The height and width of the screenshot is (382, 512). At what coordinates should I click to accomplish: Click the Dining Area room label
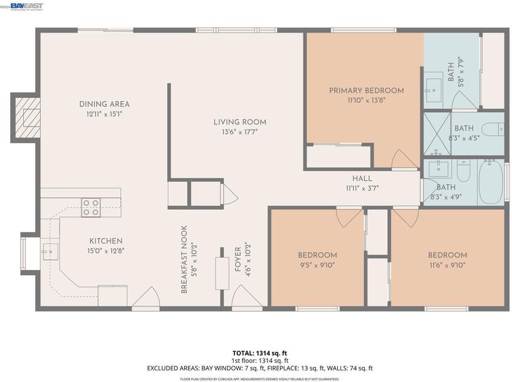[x=104, y=104]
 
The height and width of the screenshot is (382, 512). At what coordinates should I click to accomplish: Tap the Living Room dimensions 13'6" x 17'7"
[x=239, y=132]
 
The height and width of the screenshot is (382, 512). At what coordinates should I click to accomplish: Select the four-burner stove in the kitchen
[x=91, y=208]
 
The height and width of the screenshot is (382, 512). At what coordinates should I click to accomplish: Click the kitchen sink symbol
[x=51, y=251]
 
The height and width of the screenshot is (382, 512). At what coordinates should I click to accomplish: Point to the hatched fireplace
[x=28, y=118]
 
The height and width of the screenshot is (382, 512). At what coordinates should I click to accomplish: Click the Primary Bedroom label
[x=366, y=90]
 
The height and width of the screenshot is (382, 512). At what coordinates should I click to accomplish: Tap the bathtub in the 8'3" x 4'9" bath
[x=491, y=182]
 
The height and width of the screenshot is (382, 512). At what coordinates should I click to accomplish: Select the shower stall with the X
[x=437, y=134]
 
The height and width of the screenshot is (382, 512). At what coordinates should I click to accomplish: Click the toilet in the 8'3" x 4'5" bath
[x=493, y=129]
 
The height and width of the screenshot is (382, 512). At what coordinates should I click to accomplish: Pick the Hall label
[x=362, y=179]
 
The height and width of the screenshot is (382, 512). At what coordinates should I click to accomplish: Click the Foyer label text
[x=237, y=259]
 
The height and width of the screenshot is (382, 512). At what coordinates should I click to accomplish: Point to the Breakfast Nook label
[x=184, y=259]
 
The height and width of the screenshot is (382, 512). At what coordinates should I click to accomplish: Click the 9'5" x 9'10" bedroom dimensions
[x=317, y=265]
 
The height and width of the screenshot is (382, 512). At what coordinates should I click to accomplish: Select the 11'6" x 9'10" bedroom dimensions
[x=447, y=265]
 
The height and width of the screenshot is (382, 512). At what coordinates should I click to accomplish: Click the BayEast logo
[x=26, y=6]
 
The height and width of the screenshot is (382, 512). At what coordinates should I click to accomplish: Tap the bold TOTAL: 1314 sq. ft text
[x=260, y=353]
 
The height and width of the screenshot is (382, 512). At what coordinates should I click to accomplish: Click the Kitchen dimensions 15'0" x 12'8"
[x=106, y=251]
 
